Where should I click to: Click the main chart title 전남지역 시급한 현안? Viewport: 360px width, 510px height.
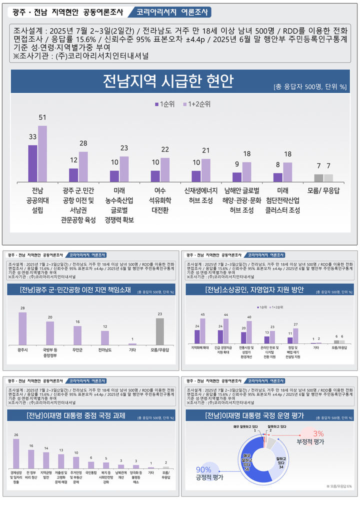tap(168, 81)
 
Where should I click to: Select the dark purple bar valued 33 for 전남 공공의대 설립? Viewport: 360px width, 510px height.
tap(32, 163)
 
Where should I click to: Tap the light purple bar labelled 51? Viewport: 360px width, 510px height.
tap(42, 154)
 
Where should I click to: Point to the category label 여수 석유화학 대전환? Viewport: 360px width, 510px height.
tap(160, 199)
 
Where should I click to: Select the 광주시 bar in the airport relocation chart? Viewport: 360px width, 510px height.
tap(22, 328)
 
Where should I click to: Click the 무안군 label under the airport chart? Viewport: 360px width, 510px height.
tap(77, 350)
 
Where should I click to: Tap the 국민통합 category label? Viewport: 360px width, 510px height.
tap(90, 472)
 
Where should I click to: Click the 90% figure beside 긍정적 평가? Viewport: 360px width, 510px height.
tap(203, 469)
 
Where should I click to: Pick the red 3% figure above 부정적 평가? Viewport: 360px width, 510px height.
tap(318, 433)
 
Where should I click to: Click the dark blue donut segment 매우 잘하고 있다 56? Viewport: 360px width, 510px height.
tap(248, 462)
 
